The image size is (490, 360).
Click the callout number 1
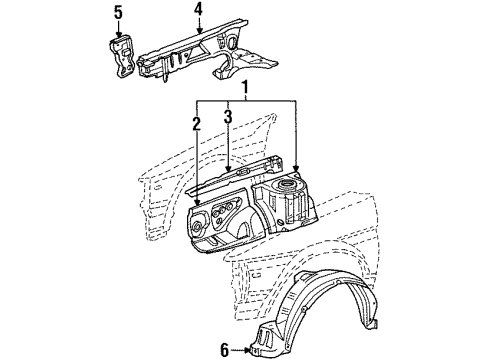point(245,88)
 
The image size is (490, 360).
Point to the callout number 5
point(118,13)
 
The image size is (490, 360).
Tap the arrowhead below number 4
point(198,32)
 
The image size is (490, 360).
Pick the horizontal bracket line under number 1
point(245,101)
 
